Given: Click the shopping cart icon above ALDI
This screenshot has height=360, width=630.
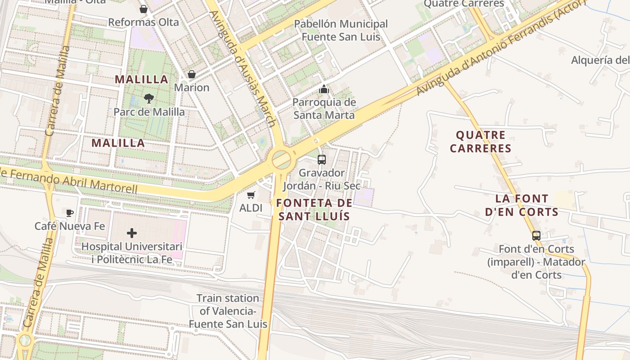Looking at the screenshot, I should click(251, 195).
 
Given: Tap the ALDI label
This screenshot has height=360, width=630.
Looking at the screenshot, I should click(251, 208).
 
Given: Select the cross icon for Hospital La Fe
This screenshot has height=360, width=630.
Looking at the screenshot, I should click(132, 233).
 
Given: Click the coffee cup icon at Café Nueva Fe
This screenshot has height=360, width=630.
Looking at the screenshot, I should click(70, 213).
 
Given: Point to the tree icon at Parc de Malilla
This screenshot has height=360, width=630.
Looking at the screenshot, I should click(149, 98).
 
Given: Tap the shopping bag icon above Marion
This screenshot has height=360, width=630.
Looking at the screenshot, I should click(192, 74).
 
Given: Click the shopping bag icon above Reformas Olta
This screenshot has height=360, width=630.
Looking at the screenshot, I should click(144, 9).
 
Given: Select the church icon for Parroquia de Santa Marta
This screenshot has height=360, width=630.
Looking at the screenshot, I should click(324, 89).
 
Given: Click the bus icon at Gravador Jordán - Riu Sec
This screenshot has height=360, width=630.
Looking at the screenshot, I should click(322, 159).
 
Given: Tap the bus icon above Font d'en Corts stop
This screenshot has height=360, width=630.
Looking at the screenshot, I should click(536, 235).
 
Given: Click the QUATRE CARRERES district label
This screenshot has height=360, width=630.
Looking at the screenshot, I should click(481, 142).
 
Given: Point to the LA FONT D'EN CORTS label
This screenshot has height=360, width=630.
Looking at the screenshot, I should click(522, 205).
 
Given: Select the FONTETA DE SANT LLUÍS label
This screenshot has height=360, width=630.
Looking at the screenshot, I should click(314, 210).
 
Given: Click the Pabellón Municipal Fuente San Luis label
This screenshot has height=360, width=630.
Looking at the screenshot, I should click(341, 30).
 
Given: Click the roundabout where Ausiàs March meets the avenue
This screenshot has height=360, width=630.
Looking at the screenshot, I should click(282, 159).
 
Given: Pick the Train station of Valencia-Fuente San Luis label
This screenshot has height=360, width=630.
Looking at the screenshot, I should click(228, 311).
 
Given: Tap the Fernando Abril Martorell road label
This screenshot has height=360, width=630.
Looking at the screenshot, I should click(67, 180).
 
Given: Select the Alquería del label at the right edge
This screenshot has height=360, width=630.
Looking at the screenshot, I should click(600, 60).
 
